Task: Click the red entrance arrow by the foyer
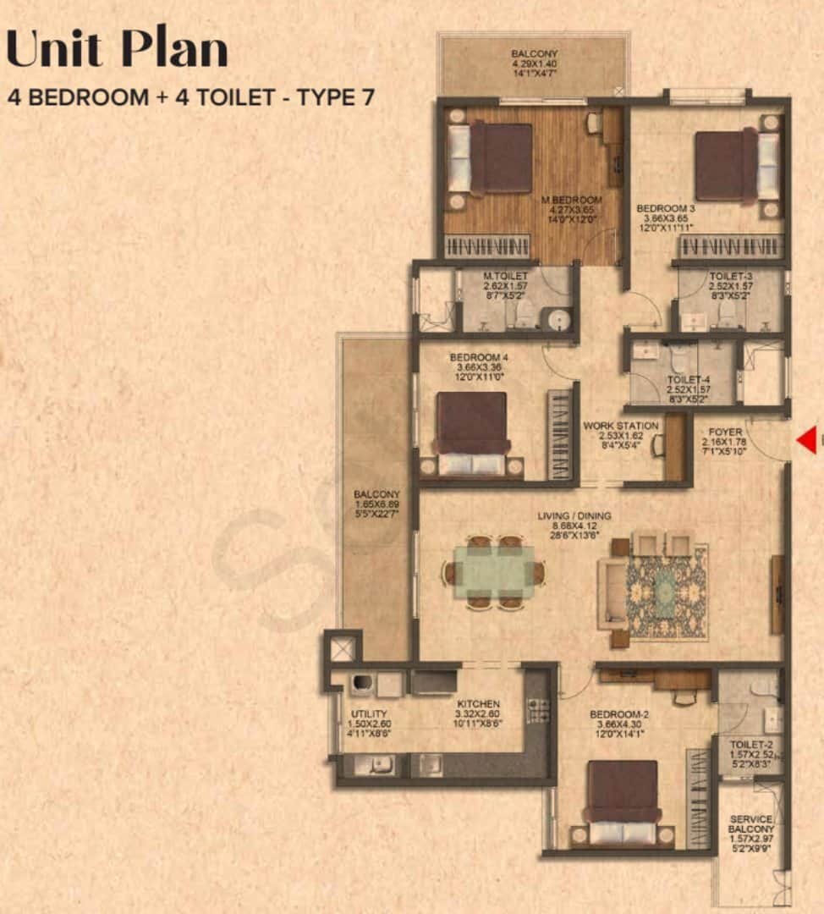pos(808,440)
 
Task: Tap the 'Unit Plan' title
pos(117,50)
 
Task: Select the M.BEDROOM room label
pos(571,201)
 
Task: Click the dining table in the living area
pos(494,573)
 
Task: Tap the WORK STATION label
pos(621,426)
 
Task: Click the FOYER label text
pos(725,432)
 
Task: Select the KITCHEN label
pos(478,704)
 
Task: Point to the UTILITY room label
pos(369,714)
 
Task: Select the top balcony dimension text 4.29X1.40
pos(534,63)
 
